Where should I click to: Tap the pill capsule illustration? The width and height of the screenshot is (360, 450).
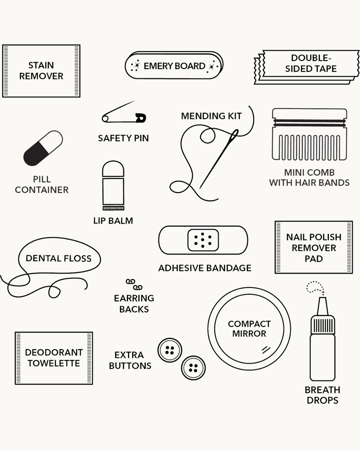pyautogui.click(x=43, y=148)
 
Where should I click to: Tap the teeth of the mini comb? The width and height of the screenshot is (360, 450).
pyautogui.click(x=309, y=147)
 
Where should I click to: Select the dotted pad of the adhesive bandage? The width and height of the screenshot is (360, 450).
pyautogui.click(x=203, y=240)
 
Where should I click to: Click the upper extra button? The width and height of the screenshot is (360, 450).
pyautogui.click(x=170, y=350)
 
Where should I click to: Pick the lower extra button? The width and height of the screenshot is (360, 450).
pyautogui.click(x=193, y=368)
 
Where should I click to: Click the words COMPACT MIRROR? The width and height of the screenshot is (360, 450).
pyautogui.click(x=249, y=329)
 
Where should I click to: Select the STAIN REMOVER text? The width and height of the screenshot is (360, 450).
pyautogui.click(x=41, y=71)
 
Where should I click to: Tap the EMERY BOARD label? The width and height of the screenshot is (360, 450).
pyautogui.click(x=174, y=66)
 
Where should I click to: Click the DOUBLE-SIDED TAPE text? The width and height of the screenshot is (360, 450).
pyautogui.click(x=311, y=63)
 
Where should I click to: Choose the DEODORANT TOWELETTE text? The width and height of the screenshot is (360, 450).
pyautogui.click(x=54, y=358)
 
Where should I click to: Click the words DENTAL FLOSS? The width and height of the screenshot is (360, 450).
pyautogui.click(x=58, y=258)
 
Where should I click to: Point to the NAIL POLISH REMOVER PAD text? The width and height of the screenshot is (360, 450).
pyautogui.click(x=314, y=248)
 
